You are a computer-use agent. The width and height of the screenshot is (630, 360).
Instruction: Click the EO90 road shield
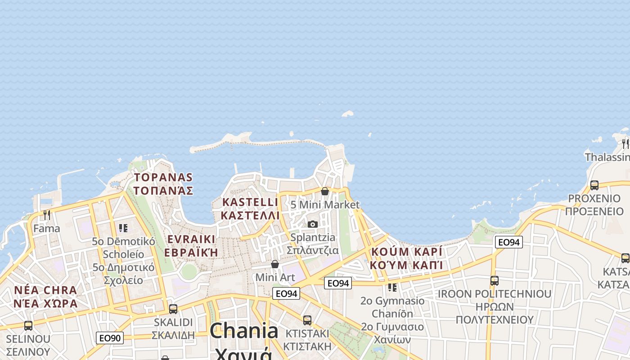pyautogui.click(x=109, y=337)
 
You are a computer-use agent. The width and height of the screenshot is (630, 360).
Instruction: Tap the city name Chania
pyautogui.click(x=244, y=331)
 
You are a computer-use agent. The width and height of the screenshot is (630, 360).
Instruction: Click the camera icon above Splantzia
pyautogui.click(x=313, y=224)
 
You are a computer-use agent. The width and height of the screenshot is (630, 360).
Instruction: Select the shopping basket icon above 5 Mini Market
pyautogui.click(x=325, y=191)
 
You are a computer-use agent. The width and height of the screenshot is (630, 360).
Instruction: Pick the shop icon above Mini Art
pyautogui.click(x=275, y=264)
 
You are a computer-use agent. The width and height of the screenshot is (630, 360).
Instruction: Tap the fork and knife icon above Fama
pyautogui.click(x=46, y=215)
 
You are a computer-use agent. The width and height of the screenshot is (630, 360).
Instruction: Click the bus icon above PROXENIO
pyautogui.click(x=594, y=185)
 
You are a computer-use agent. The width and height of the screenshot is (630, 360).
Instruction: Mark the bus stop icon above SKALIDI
pyautogui.click(x=173, y=309)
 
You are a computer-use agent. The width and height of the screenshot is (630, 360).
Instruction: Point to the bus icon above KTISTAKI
pyautogui.click(x=307, y=320)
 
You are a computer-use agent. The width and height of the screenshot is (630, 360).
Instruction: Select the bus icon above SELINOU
pyautogui.click(x=28, y=325)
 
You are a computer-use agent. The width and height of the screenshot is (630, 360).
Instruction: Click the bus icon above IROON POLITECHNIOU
pyautogui.click(x=495, y=280)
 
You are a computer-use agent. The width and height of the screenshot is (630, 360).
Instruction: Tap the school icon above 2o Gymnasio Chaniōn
pyautogui.click(x=392, y=287)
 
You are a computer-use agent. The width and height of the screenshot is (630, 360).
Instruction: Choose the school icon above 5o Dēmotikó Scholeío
pyautogui.click(x=123, y=228)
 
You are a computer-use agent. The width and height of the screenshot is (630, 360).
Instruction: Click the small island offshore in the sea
pyautogui.click(x=347, y=114)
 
